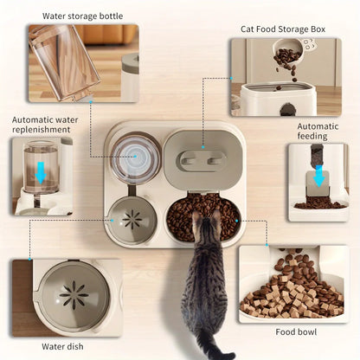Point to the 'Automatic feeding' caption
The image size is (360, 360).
click(318, 132)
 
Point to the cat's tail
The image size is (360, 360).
click(211, 350)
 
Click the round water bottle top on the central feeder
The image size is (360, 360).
click(135, 159)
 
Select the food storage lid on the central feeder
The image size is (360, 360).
click(204, 160)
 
